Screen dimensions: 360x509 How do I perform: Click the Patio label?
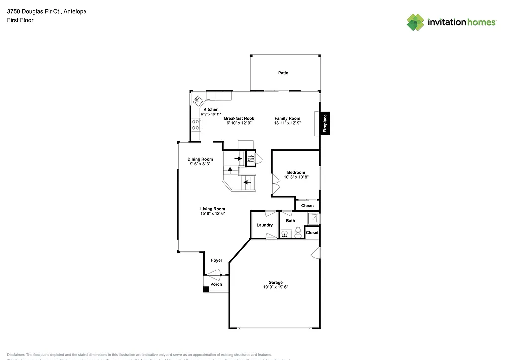pyautogui.click(x=283, y=73)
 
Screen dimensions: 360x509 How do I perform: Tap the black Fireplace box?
pyautogui.click(x=325, y=123)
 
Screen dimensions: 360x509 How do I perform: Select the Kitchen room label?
pyautogui.click(x=210, y=109)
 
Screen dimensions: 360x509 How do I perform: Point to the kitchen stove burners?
pyautogui.click(x=195, y=124)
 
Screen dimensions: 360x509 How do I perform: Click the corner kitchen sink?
pyautogui.click(x=198, y=100)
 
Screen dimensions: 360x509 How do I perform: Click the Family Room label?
pyautogui.click(x=288, y=118)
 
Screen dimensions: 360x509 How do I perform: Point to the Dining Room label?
pyautogui.click(x=200, y=159)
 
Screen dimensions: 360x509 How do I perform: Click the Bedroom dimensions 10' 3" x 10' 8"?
pyautogui.click(x=296, y=177)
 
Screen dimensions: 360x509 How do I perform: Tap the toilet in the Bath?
pyautogui.click(x=298, y=232)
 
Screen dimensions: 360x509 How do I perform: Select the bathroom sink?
pyautogui.click(x=285, y=233)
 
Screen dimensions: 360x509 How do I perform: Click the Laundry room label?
pyautogui.click(x=264, y=225)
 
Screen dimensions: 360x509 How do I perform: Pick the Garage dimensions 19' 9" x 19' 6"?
pyautogui.click(x=276, y=287)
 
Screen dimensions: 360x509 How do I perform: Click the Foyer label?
pyautogui.click(x=216, y=260)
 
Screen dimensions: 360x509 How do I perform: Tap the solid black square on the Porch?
pyautogui.click(x=206, y=289)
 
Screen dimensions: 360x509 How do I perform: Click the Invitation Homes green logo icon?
pyautogui.click(x=416, y=22)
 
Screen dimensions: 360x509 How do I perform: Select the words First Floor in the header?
pyautogui.click(x=20, y=20)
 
